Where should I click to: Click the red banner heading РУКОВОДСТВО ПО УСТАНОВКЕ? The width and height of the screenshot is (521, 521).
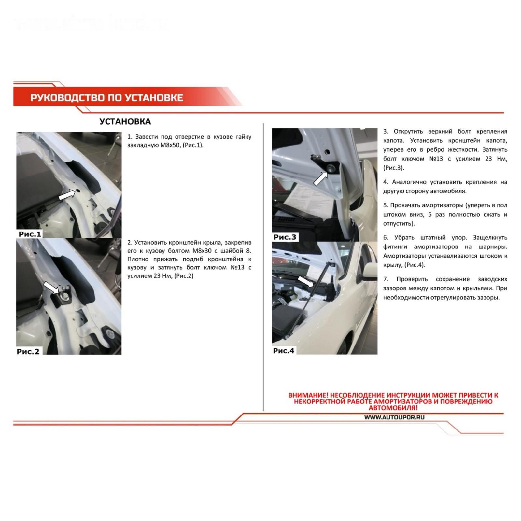(107, 97)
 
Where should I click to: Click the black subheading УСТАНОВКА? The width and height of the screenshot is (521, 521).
(125, 121)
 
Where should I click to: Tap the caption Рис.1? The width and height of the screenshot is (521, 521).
(30, 234)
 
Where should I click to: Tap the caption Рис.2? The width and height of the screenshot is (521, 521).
(28, 351)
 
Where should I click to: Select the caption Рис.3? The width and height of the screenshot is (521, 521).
(285, 237)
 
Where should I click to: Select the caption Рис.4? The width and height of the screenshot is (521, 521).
(284, 351)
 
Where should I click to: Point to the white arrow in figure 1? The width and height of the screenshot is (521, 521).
(67, 195)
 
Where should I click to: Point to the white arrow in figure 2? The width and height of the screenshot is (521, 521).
(51, 288)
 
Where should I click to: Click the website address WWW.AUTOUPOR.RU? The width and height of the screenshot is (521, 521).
(394, 417)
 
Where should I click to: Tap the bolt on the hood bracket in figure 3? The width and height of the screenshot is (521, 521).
(331, 168)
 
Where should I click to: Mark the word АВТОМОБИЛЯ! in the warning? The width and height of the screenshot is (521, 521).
(393, 408)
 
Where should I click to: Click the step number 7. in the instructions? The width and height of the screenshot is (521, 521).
(386, 279)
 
